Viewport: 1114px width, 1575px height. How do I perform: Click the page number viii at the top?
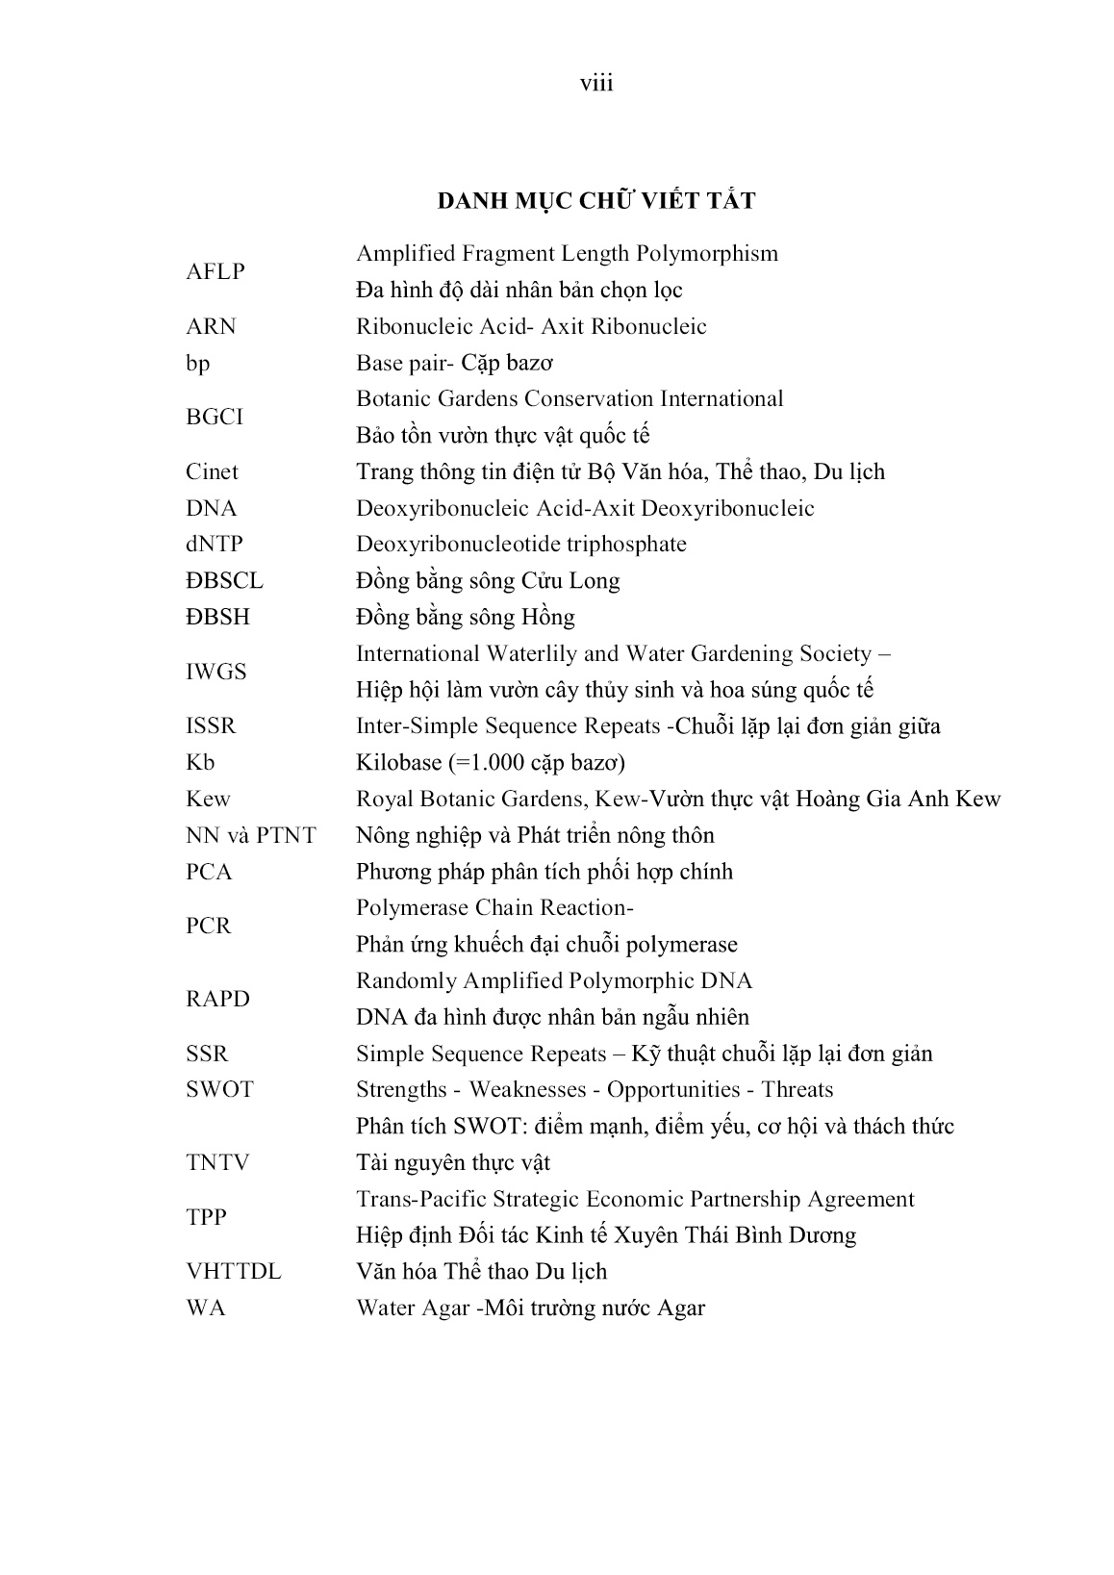[x=596, y=84]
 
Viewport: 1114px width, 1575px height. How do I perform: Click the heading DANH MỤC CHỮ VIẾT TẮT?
[x=596, y=201]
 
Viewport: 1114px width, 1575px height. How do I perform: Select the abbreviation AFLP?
[x=215, y=272]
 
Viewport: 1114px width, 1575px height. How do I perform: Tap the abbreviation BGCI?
[x=215, y=418]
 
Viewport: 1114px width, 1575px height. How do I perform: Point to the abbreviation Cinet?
[x=212, y=472]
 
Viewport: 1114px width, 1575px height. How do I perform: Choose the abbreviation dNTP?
[x=215, y=545]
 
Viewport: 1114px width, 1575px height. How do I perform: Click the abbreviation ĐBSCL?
[x=224, y=581]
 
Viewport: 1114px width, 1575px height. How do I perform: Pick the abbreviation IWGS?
[x=216, y=673]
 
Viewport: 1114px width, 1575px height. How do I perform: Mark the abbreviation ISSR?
[x=211, y=726]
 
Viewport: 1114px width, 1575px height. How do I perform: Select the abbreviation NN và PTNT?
[x=251, y=836]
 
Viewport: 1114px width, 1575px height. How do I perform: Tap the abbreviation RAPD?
[x=217, y=1000]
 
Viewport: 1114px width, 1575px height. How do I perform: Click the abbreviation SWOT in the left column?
[x=219, y=1090]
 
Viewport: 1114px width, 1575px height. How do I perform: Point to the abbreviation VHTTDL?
[x=234, y=1272]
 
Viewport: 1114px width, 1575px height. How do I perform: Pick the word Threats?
[x=798, y=1090]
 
